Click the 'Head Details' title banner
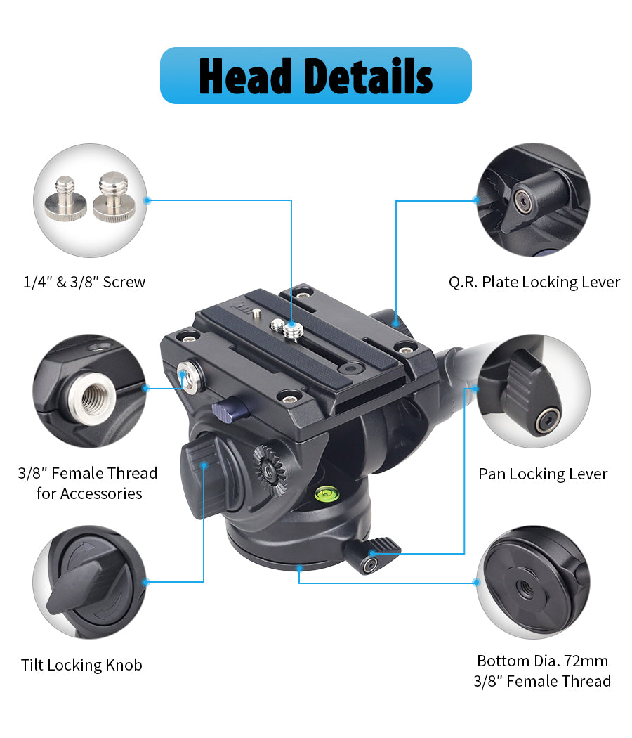pyautogui.click(x=315, y=75)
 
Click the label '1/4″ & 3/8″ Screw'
pyautogui.click(x=84, y=283)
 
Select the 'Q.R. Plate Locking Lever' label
pyautogui.click(x=534, y=283)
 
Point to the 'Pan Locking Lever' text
pyautogui.click(x=543, y=474)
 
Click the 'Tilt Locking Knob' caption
pyautogui.click(x=81, y=665)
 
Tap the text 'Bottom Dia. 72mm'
pyautogui.click(x=542, y=661)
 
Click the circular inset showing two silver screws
pyautogui.click(x=90, y=200)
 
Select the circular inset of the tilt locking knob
pyautogui.click(x=90, y=582)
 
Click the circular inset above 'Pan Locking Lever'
pyautogui.click(x=534, y=391)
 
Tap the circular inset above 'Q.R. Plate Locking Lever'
pyautogui.click(x=534, y=200)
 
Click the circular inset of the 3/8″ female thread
pyautogui.click(x=90, y=391)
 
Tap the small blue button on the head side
pyautogui.click(x=224, y=406)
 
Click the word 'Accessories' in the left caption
pyautogui.click(x=101, y=493)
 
